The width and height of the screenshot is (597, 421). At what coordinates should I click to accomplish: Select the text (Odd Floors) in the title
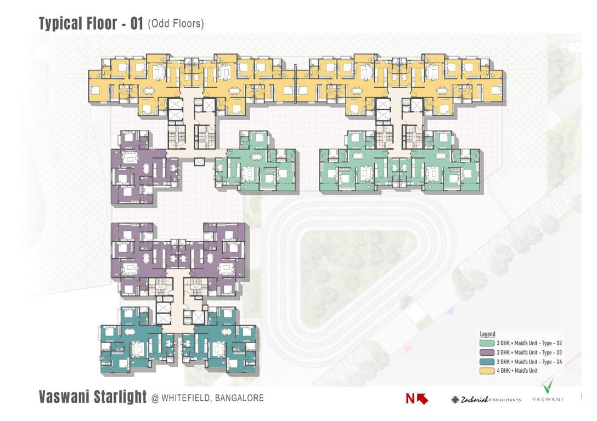pos(176,24)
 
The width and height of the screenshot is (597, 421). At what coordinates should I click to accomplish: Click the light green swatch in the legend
pos(487,343)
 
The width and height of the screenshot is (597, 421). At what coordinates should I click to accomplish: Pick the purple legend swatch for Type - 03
pos(487,352)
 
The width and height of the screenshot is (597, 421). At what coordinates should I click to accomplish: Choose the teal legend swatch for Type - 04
pos(487,361)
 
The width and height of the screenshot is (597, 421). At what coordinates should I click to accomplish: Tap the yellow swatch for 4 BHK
pos(487,371)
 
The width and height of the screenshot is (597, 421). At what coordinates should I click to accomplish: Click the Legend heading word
pos(487,334)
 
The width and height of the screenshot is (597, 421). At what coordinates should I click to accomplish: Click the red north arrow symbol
pos(423,399)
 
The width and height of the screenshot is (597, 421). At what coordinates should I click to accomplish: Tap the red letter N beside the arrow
pos(410,400)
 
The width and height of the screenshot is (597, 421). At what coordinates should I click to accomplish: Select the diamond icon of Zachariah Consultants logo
pos(455,400)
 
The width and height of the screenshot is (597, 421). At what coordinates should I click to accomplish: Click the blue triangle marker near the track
pos(450,311)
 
